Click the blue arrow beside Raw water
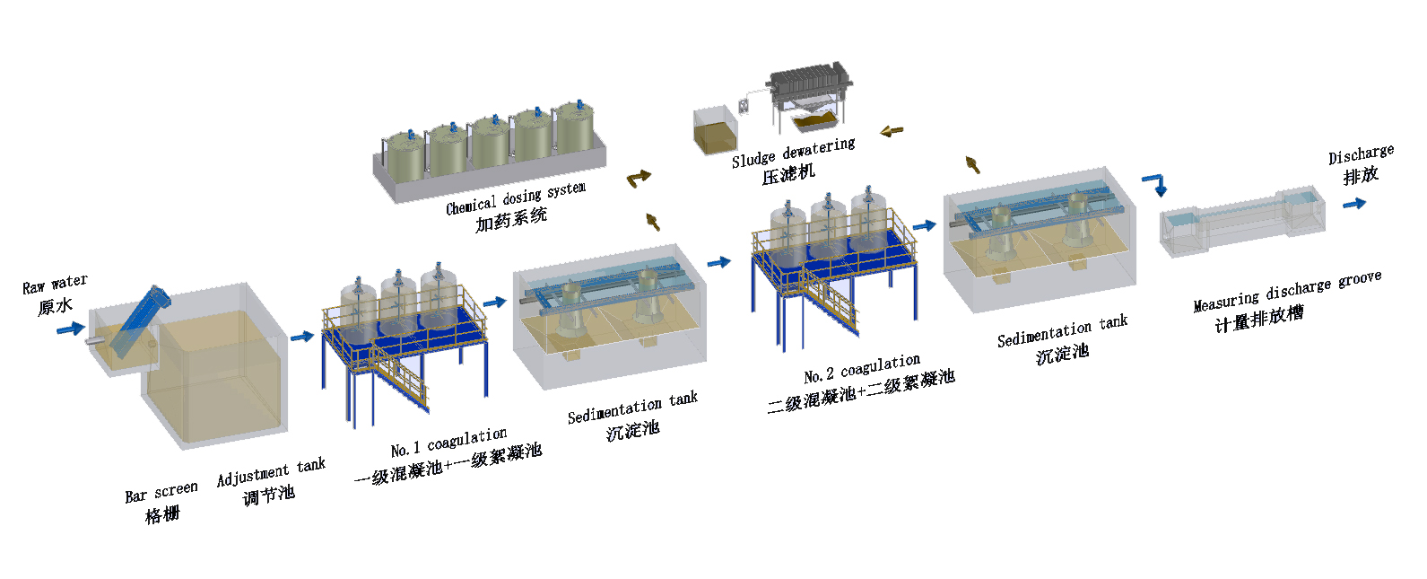coord(70,329)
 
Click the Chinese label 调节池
coord(268,495)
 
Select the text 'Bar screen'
coord(161,492)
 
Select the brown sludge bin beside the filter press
coord(715,131)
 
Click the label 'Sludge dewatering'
coord(793,153)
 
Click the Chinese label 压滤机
coord(788,174)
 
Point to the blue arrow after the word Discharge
coord(1353,204)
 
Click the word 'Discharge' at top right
coord(1361,154)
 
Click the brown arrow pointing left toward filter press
coord(891,131)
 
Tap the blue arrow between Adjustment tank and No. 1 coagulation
coord(302,337)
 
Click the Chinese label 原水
coord(55,307)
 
